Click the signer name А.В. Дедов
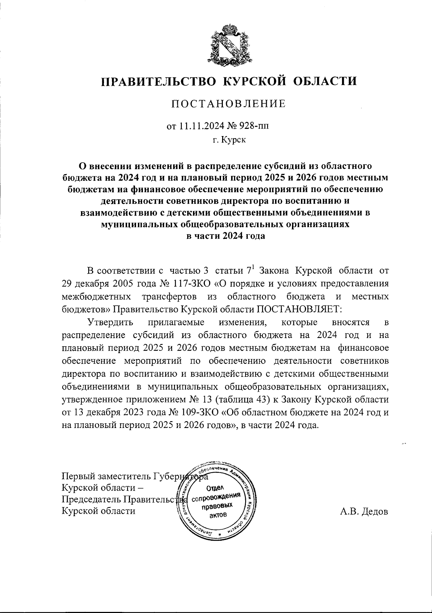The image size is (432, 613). click(x=364, y=511)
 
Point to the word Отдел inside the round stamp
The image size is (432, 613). click(x=215, y=488)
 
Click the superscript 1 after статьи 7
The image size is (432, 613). click(x=252, y=268)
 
